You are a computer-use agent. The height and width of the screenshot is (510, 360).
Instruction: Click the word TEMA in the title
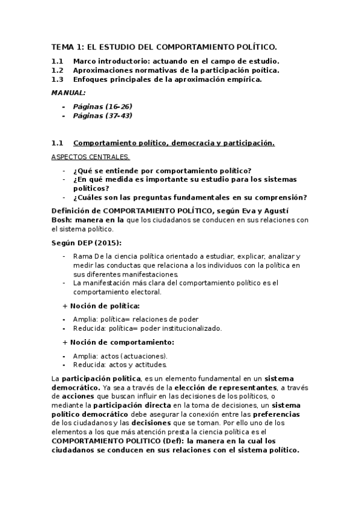point(61,46)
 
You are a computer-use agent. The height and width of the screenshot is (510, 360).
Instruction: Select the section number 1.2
point(57,70)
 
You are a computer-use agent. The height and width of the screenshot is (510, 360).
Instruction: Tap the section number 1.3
point(57,79)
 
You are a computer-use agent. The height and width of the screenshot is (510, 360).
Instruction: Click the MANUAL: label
point(68,93)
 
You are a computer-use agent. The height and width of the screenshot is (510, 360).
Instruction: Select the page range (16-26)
point(118,106)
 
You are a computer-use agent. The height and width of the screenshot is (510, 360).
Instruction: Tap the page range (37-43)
point(118,115)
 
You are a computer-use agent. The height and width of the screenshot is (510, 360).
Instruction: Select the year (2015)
point(106,242)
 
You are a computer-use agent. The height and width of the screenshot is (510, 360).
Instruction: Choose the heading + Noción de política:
point(100,306)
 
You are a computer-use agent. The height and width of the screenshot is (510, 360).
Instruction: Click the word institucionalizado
point(192,328)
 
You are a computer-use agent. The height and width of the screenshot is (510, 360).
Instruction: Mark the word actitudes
point(148,364)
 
